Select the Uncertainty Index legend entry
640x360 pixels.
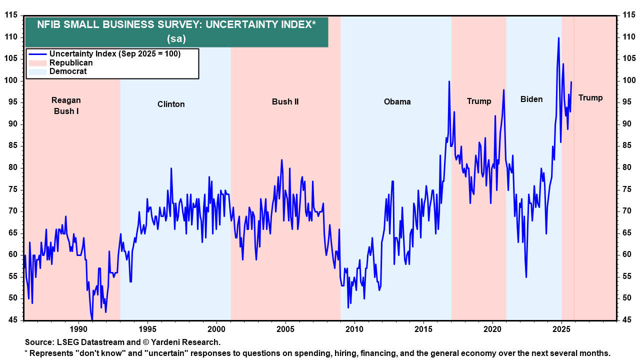pos(104,54)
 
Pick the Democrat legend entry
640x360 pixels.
pos(67,71)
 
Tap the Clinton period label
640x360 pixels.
pos(171,104)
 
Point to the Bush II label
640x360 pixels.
pos(285,101)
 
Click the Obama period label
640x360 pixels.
pos(397,101)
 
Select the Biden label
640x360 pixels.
pos(531,99)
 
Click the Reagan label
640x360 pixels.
pos(66,100)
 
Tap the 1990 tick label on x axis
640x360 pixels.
pos(78,329)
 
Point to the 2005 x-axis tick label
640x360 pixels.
pos(285,329)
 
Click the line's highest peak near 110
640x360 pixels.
pos(558,38)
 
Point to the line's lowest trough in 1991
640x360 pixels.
pos(92,319)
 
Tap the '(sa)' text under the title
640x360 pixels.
pos(176,38)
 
